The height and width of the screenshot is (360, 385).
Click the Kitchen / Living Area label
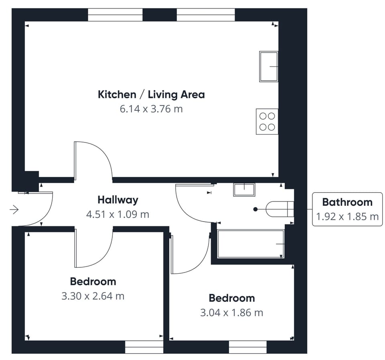151,95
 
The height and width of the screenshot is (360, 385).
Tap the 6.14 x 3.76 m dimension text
151,109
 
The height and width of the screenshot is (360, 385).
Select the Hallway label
118,200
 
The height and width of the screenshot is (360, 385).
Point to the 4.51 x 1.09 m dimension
118,214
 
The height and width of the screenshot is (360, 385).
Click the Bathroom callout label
347,202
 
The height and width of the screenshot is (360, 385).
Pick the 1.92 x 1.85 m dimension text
347,217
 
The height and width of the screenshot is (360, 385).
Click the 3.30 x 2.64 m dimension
93,296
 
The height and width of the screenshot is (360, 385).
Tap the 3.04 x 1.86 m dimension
231,312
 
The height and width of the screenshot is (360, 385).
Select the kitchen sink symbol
269,67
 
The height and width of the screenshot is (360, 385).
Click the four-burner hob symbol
267,122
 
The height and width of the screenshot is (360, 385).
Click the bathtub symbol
251,244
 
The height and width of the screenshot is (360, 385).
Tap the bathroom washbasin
244,189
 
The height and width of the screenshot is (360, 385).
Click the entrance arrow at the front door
14,209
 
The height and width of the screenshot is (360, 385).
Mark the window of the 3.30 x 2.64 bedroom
144,347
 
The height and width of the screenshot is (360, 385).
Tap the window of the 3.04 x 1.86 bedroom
247,347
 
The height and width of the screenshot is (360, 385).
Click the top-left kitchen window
115,15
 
